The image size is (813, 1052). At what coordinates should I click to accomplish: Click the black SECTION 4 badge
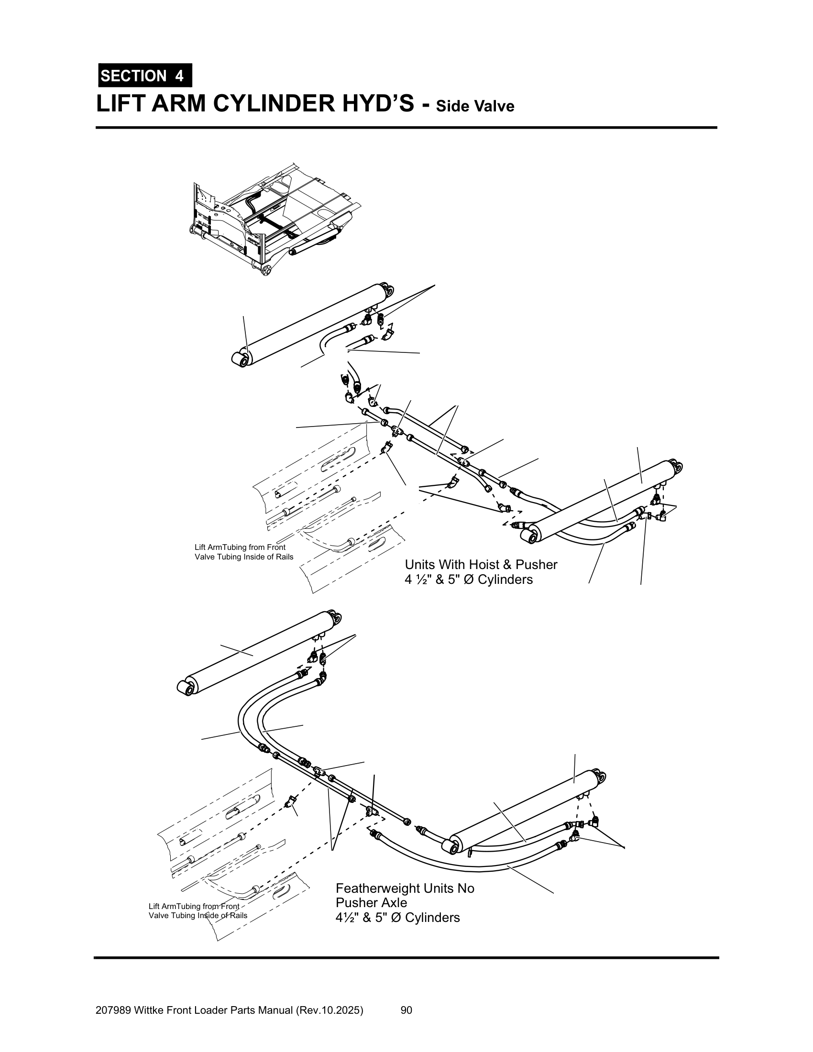[145, 76]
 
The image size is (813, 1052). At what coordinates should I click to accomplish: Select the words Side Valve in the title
[475, 106]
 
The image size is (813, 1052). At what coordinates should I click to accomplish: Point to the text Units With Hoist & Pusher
[481, 565]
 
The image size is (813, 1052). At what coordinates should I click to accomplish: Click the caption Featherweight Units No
[405, 888]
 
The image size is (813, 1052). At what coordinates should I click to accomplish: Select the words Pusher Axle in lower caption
[371, 903]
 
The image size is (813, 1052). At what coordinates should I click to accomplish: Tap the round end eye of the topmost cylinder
[241, 359]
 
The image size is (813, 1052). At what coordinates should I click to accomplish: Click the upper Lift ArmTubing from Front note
[240, 547]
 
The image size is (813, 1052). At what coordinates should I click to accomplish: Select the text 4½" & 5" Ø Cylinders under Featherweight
[397, 918]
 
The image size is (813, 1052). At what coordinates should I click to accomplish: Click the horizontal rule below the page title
[406, 128]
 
